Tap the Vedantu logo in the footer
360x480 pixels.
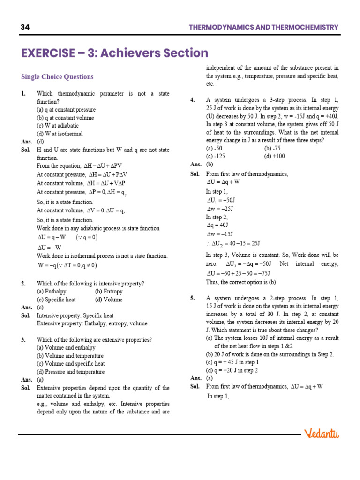tap(321, 434)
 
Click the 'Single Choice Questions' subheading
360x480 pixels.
tap(57, 77)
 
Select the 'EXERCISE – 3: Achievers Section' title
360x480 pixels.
tap(115, 53)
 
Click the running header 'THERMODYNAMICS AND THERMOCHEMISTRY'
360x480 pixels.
tap(263, 27)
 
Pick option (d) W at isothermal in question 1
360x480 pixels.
tap(60, 134)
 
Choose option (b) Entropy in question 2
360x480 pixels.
tap(109, 292)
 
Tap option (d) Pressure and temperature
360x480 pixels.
tap(71, 372)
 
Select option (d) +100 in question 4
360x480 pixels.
tap(275, 156)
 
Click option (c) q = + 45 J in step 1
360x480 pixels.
tap(232, 362)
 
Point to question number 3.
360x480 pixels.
tap(23, 340)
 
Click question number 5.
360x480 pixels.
tap(193, 298)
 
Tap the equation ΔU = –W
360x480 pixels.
tap(49, 247)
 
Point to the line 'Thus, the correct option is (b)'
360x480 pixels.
tap(241, 282)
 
